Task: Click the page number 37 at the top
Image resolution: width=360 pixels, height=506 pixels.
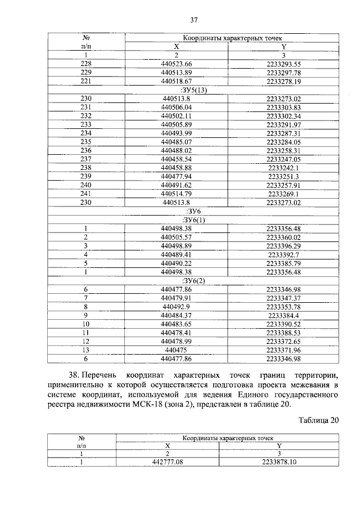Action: click(193, 20)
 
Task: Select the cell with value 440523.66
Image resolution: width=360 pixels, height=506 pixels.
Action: click(176, 64)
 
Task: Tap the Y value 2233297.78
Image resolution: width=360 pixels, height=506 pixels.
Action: click(284, 73)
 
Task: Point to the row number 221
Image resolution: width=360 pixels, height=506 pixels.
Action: click(86, 81)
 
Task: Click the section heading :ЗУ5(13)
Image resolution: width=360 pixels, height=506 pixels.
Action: click(193, 89)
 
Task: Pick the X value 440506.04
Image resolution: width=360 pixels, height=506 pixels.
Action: click(176, 107)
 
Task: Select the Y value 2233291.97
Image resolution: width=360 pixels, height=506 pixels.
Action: click(284, 124)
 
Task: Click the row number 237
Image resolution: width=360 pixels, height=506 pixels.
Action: click(86, 159)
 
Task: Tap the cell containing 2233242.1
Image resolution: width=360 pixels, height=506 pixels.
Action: click(284, 167)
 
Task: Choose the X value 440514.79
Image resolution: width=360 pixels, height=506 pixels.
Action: click(176, 193)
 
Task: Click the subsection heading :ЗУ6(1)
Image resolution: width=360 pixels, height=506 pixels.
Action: click(193, 220)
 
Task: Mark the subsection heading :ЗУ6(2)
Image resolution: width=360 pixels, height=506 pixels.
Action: click(193, 280)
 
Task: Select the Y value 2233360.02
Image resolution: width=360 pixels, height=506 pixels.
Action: click(284, 237)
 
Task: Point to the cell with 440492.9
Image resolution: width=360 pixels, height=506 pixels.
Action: click(176, 306)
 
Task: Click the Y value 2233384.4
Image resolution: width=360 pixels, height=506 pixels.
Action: click(284, 315)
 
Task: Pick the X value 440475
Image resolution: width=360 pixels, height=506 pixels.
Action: click(176, 349)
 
